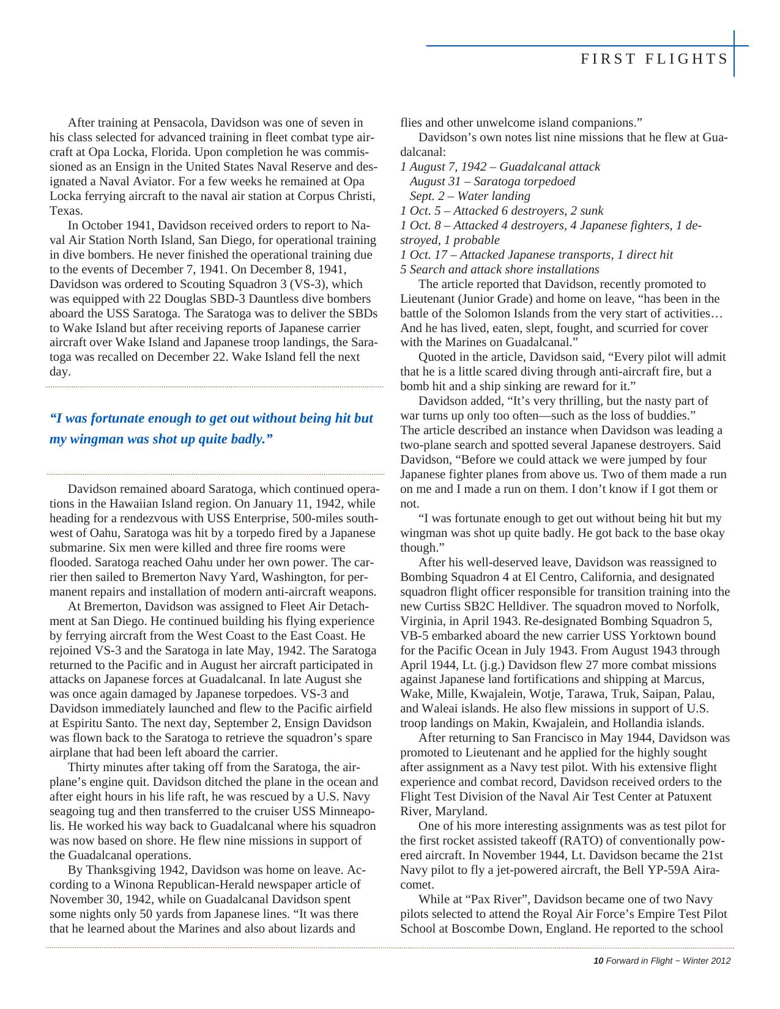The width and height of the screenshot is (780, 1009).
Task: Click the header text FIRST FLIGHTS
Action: point(654,59)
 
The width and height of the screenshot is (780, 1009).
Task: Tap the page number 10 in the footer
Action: point(598,961)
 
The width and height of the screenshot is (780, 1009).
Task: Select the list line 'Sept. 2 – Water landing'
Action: point(470,196)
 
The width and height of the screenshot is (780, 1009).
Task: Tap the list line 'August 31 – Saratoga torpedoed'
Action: point(492,182)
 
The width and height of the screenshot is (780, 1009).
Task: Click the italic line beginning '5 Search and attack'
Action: point(500,270)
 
